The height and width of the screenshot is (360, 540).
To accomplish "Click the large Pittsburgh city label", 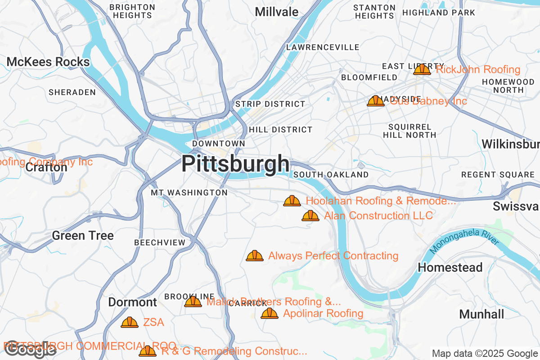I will [x=235, y=164].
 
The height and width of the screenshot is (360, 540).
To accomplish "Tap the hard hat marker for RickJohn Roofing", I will [x=422, y=69].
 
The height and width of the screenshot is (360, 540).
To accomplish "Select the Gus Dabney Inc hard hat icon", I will [x=376, y=101].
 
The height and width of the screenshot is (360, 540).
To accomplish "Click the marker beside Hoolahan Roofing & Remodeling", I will [x=292, y=201].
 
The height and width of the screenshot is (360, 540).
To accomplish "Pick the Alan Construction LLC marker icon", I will [x=310, y=216].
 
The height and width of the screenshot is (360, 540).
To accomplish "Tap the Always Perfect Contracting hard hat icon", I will [x=255, y=256].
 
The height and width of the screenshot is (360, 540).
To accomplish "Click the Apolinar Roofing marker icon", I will [x=270, y=313].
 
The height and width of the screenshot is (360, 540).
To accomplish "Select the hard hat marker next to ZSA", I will [x=130, y=322].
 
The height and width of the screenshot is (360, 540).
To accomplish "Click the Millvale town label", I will [x=276, y=12].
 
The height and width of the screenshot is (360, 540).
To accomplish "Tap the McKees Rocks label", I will [x=48, y=62].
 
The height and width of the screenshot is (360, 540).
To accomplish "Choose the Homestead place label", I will [x=450, y=267].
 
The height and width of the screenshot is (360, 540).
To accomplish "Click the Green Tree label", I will [x=83, y=235].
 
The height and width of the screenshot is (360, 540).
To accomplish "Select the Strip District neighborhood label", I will [x=270, y=104].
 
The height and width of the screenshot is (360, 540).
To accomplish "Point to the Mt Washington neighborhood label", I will [x=189, y=193].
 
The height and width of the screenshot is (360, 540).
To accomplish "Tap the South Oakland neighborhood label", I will [x=331, y=175].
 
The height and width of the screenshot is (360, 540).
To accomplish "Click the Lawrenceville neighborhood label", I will [x=323, y=47].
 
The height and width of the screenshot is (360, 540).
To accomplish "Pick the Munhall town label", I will [x=481, y=314].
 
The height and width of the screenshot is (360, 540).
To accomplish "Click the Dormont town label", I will [x=132, y=302].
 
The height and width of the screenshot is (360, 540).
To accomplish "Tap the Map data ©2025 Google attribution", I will [x=485, y=353].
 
